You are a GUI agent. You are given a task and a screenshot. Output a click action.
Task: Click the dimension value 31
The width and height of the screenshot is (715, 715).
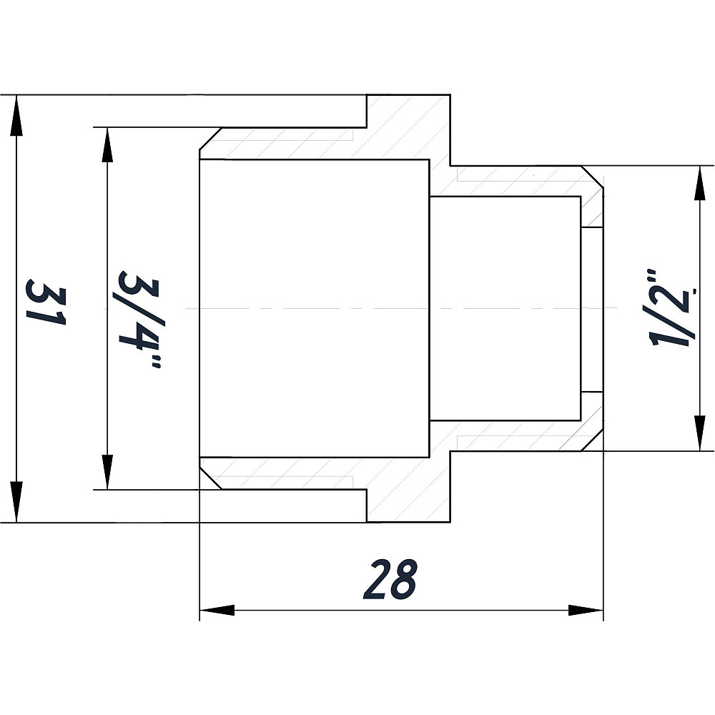click(46, 302)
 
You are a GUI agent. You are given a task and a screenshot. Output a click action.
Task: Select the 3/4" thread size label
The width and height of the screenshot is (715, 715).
click(139, 319)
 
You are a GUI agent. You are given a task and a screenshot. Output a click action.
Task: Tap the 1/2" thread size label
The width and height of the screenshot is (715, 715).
click(671, 307)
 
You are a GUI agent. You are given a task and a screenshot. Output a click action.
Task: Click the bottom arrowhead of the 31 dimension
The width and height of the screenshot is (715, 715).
click(16, 502)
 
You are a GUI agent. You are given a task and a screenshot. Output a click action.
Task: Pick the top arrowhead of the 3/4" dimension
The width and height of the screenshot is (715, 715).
click(107, 145)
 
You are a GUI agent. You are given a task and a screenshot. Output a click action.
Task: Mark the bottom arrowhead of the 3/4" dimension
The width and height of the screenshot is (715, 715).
click(107, 472)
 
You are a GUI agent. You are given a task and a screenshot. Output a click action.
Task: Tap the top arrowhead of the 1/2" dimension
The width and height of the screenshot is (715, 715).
click(699, 183)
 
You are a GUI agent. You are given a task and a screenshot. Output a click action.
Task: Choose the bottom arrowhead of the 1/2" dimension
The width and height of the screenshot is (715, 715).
click(699, 433)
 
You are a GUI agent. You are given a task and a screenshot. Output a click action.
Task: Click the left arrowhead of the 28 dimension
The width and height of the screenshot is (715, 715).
click(217, 610)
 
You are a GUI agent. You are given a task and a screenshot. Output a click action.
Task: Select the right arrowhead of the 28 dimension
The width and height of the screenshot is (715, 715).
click(586, 610)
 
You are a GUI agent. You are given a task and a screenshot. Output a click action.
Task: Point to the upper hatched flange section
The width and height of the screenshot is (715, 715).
click(408, 128)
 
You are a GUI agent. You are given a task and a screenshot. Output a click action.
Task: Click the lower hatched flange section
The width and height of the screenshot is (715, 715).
click(408, 489)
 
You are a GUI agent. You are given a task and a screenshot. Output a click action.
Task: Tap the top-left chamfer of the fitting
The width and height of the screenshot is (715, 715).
click(210, 138)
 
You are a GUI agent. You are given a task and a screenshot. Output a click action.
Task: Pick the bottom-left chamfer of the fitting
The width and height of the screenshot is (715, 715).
click(210, 479)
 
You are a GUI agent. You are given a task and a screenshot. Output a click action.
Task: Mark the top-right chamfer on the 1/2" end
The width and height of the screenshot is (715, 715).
click(592, 177)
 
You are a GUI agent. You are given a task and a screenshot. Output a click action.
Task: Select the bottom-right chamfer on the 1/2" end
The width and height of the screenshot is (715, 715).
click(592, 440)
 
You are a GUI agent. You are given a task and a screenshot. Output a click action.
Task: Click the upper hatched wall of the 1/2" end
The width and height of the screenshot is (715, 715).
click(516, 181)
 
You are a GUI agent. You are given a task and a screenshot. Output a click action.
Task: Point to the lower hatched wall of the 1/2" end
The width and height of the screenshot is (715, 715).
click(516, 435)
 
